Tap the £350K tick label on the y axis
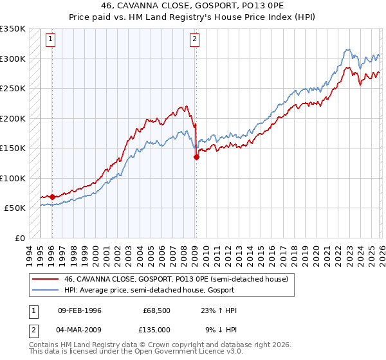click(x=13, y=29)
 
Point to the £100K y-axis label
click(x=13, y=178)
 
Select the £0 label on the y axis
click(x=20, y=238)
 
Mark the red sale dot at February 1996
click(x=52, y=197)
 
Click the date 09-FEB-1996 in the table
click(x=79, y=310)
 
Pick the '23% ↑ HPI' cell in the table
click(x=219, y=310)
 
